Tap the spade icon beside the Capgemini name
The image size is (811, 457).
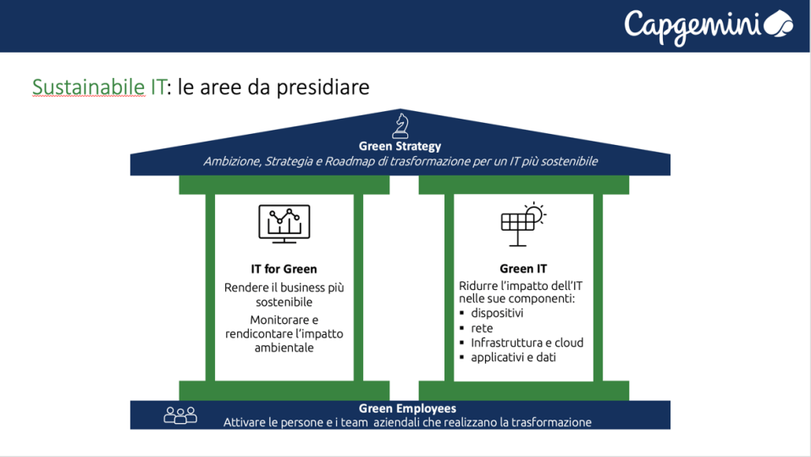(779, 23)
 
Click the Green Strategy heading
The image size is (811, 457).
(400, 147)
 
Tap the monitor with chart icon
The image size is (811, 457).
(284, 224)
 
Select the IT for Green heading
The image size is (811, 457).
(284, 270)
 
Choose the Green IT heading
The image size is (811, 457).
(523, 270)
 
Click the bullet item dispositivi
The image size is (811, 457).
(497, 313)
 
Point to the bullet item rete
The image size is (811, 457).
(482, 328)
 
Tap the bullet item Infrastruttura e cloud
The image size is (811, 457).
(527, 343)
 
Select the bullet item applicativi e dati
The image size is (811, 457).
(513, 358)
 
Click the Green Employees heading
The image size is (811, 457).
(407, 409)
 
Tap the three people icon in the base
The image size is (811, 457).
(180, 415)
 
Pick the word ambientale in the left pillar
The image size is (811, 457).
(284, 348)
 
